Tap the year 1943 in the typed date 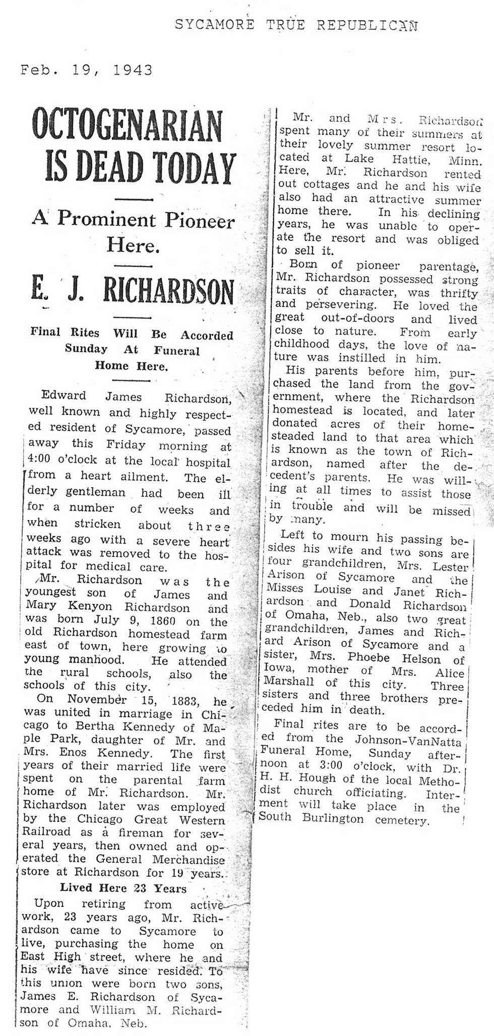[x=133, y=70]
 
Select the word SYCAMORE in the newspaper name [x=214, y=24]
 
